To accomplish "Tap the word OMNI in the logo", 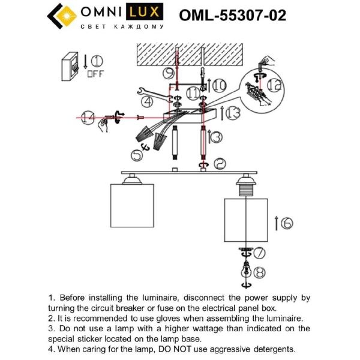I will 102,13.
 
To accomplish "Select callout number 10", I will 219,85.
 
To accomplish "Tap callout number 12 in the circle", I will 274,85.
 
